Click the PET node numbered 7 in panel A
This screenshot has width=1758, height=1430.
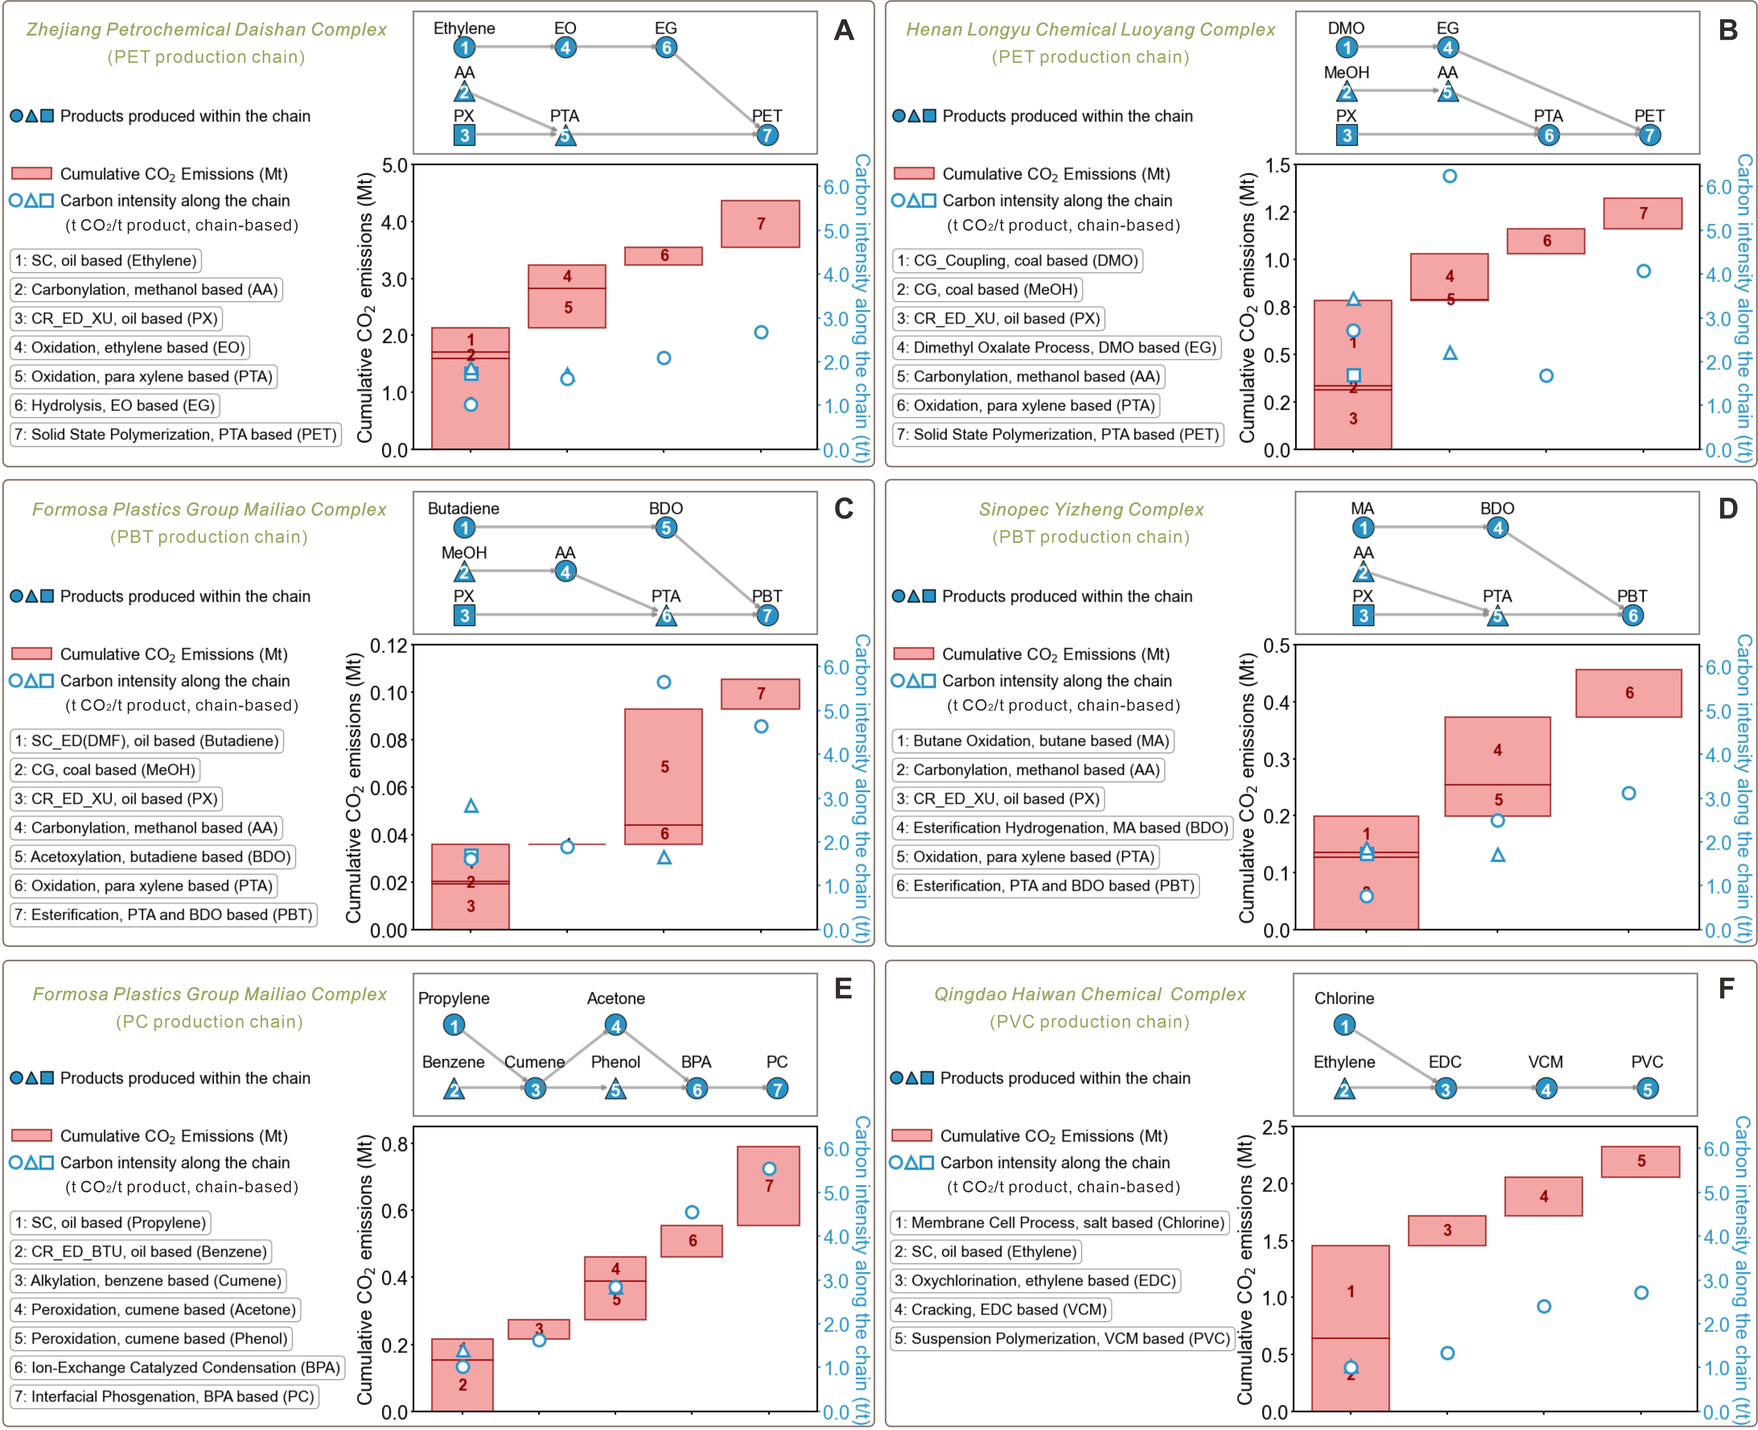767,135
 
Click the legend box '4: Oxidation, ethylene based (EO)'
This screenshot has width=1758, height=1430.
130,348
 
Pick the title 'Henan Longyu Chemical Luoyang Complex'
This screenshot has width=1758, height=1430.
1090,30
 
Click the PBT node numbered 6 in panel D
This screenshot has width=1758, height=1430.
1632,616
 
